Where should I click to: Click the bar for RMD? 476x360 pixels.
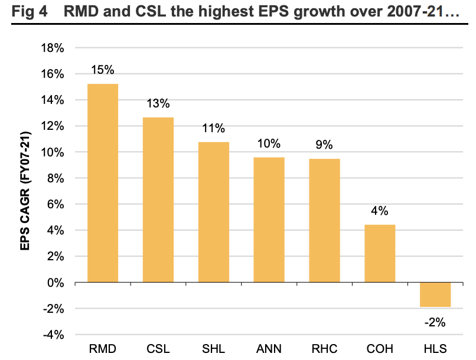click(103, 183)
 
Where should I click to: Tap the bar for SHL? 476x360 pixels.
click(214, 212)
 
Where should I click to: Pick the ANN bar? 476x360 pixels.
click(269, 220)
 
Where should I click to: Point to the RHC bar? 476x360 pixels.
click(324, 220)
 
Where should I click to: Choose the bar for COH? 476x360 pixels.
click(380, 253)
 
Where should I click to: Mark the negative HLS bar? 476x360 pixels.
click(435, 294)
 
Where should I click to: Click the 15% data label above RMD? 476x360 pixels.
click(103, 70)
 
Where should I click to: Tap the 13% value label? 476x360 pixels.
click(158, 104)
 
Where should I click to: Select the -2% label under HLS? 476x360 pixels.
click(435, 322)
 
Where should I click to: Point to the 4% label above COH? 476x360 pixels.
click(380, 211)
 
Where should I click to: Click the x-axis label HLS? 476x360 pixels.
click(435, 349)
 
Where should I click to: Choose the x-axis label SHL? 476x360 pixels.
click(214, 349)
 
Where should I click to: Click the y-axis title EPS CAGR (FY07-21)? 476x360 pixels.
click(27, 191)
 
